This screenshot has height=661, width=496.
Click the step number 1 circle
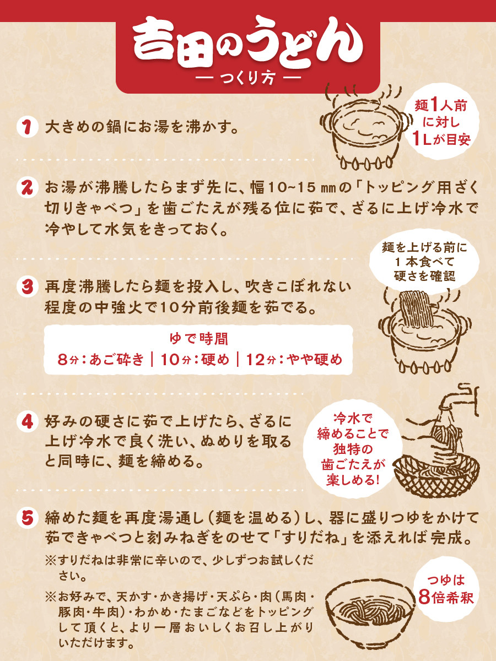(28, 127)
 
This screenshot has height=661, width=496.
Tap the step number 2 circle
(28, 188)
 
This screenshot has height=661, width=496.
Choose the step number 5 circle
(28, 518)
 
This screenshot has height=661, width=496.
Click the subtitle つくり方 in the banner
(248, 78)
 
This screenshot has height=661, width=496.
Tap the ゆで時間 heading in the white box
(199, 339)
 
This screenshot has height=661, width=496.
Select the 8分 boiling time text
(68, 359)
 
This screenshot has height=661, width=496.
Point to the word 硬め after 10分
(215, 359)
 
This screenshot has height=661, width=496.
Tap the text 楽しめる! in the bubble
(352, 480)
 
